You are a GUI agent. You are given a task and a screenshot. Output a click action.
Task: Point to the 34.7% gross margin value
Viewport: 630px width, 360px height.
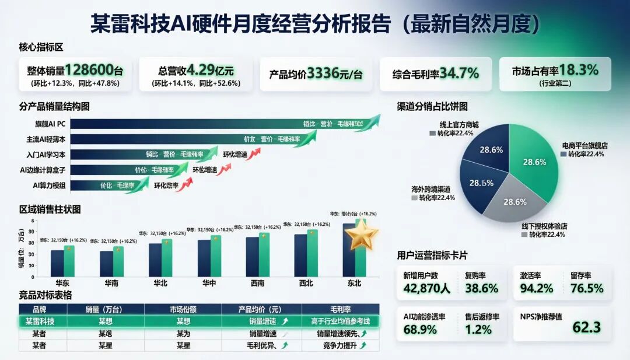(x=459, y=74)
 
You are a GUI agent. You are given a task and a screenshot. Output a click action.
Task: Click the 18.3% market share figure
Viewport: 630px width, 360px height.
(x=579, y=70)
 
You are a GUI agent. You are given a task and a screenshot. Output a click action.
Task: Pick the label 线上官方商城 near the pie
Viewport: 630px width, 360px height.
(x=459, y=124)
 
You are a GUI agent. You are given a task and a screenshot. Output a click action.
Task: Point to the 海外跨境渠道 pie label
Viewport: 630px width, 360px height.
(x=431, y=190)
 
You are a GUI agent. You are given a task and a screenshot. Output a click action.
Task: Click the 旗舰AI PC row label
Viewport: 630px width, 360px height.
(x=50, y=124)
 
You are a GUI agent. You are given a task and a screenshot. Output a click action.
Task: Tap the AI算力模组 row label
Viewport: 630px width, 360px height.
(x=49, y=186)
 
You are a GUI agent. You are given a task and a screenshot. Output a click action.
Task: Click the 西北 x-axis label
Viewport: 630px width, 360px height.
(x=305, y=284)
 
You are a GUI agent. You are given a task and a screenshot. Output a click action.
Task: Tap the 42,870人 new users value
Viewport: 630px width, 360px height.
(x=426, y=288)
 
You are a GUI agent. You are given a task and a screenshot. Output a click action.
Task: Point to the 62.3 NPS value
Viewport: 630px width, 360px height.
(x=586, y=327)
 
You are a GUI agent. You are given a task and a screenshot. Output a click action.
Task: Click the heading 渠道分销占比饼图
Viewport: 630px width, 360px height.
(x=432, y=107)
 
